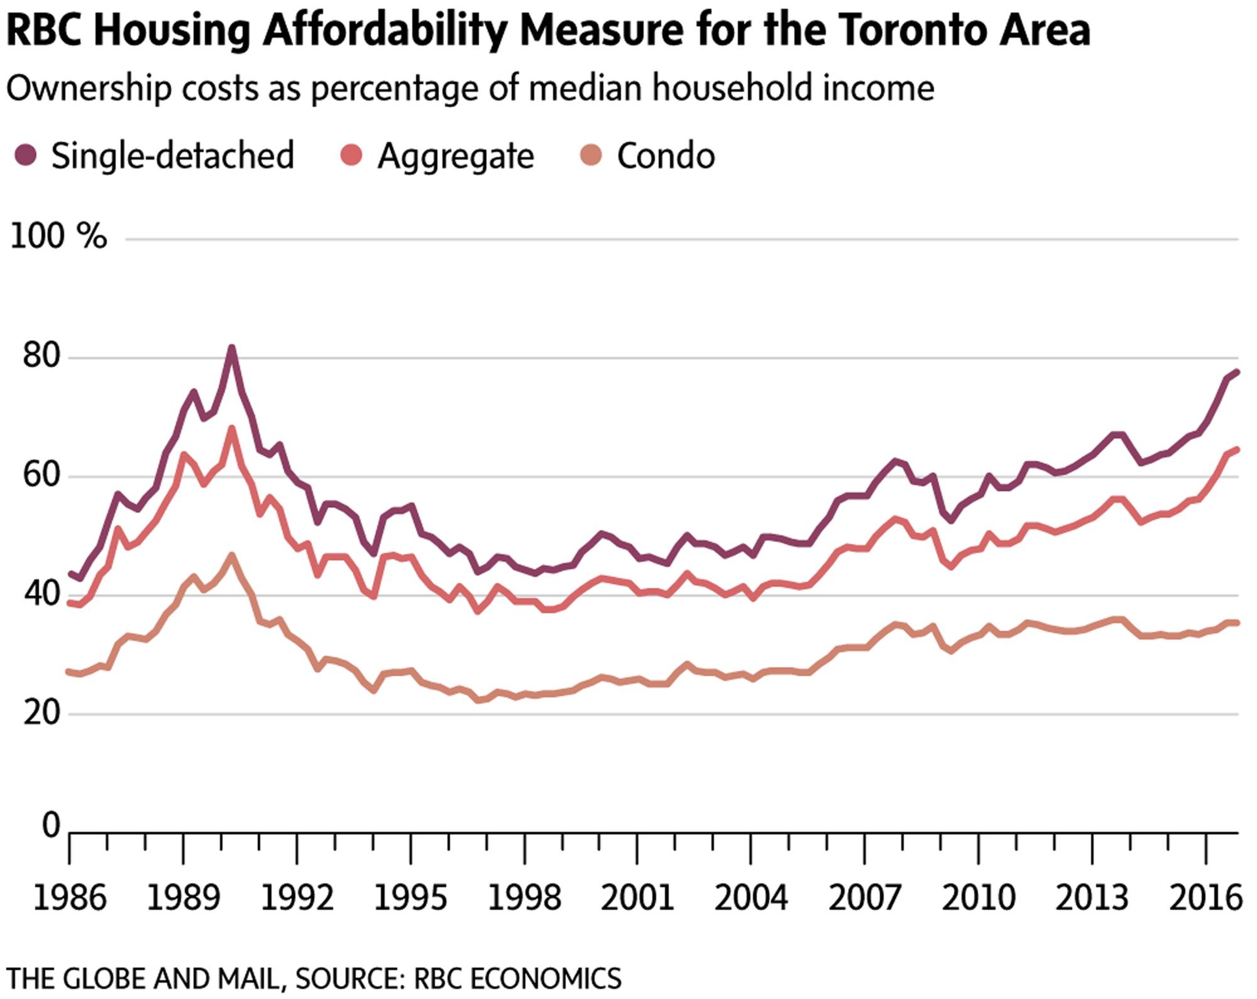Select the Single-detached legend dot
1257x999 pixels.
tap(25, 155)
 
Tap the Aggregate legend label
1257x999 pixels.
tap(455, 156)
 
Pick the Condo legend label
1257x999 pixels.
tap(666, 156)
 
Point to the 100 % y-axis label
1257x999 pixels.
tap(58, 237)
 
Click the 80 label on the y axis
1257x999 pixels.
tap(43, 356)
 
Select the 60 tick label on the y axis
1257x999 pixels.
tap(43, 475)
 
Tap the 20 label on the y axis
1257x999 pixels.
tap(43, 712)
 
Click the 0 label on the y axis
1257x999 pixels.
tap(51, 825)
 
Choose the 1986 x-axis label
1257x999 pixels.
tap(69, 898)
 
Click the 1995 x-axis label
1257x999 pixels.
tap(410, 898)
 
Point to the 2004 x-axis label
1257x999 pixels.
tap(751, 898)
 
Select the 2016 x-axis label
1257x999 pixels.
tap(1205, 898)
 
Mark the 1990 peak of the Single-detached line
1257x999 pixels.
tap(231, 347)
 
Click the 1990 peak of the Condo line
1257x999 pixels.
tap(232, 555)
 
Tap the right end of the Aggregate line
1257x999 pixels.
tap(1237, 449)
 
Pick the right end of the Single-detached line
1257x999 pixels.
tap(1237, 371)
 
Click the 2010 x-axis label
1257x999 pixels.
tap(978, 898)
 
